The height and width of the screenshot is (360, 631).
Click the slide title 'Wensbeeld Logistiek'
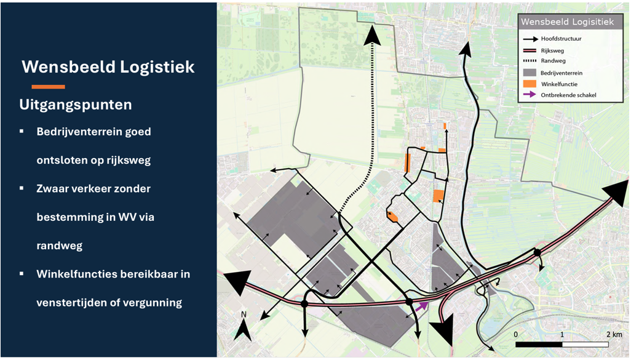tap(108, 66)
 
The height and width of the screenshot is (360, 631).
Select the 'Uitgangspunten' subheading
tap(76, 105)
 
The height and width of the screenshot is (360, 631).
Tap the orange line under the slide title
tap(48, 87)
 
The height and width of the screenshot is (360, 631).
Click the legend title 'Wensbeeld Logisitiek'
tap(567, 22)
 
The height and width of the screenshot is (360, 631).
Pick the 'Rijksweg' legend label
tap(552, 50)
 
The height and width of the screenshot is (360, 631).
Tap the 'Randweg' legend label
tap(553, 62)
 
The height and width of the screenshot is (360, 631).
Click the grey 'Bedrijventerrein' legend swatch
tap(528, 73)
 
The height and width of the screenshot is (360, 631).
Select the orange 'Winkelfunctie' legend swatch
tap(528, 84)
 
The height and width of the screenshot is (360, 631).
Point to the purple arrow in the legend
tap(528, 95)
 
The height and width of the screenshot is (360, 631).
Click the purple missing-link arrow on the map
tap(421, 306)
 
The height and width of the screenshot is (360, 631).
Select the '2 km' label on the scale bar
tap(614, 334)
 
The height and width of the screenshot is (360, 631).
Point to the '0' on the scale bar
tap(515, 334)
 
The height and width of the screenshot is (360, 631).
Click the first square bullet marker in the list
tap(22, 132)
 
